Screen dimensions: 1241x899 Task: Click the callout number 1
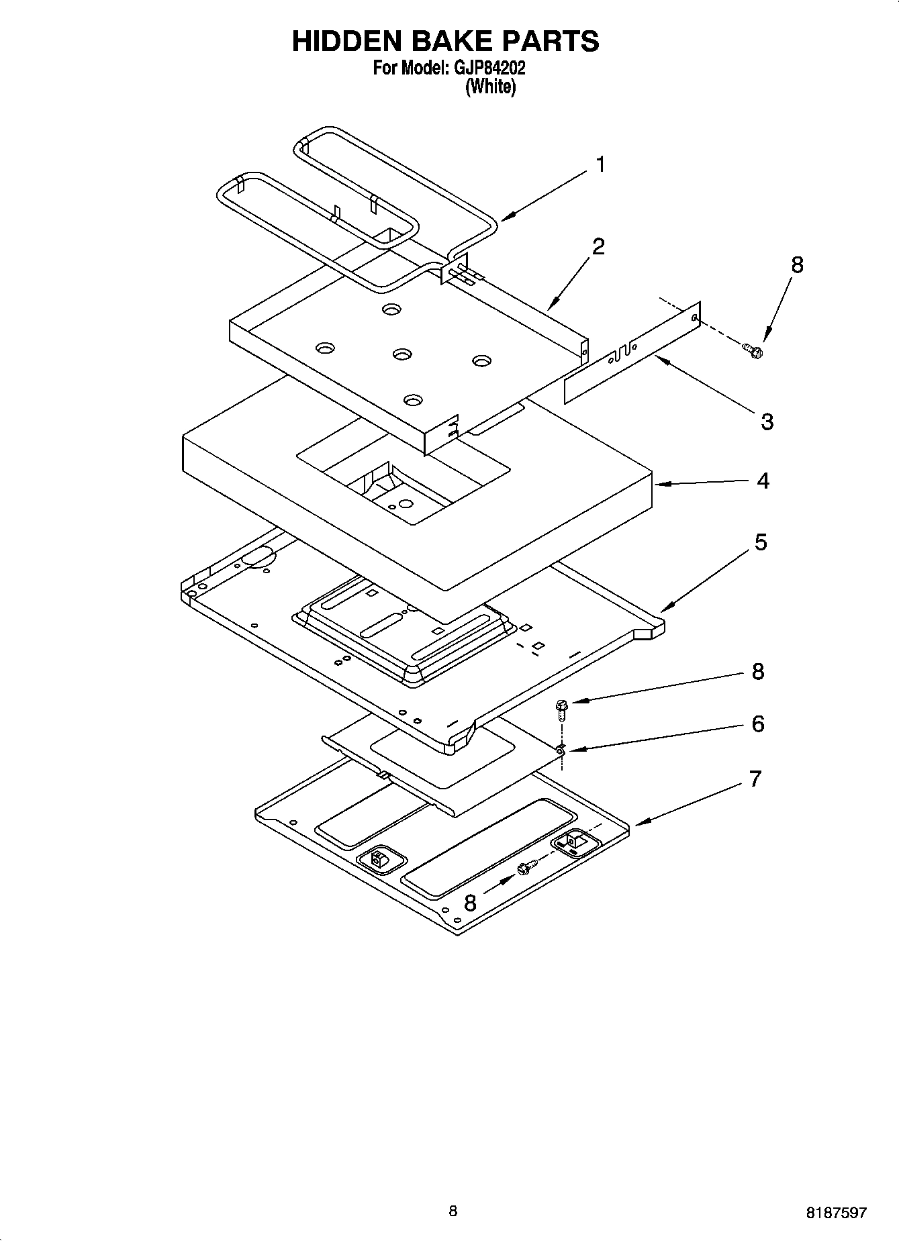(x=601, y=164)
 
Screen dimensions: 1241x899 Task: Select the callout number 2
(x=598, y=246)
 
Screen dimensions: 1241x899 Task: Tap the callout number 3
(x=767, y=421)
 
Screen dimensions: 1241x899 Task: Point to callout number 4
(x=763, y=481)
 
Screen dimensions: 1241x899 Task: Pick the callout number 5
(x=760, y=542)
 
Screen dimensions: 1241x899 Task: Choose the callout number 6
(x=757, y=724)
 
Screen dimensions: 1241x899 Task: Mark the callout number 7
(x=755, y=779)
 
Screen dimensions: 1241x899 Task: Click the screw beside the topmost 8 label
(x=754, y=350)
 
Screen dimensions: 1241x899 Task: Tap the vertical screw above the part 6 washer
(x=561, y=709)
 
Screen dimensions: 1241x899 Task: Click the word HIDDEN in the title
(x=342, y=41)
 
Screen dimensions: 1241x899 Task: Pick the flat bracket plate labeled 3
(x=631, y=356)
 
